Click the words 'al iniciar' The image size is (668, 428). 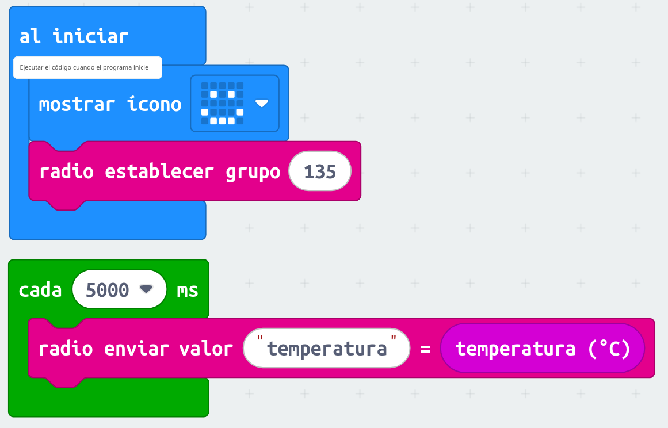pyautogui.click(x=74, y=36)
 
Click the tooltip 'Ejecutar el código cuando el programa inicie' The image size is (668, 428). pyautogui.click(x=87, y=67)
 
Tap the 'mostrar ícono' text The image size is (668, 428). pyautogui.click(x=110, y=104)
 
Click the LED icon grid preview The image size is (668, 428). pyautogui.click(x=222, y=104)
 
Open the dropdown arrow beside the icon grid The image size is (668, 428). pyautogui.click(x=262, y=104)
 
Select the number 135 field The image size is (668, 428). pyautogui.click(x=320, y=171)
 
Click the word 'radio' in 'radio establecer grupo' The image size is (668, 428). pyautogui.click(x=66, y=171)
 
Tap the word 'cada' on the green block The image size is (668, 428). pyautogui.click(x=40, y=290)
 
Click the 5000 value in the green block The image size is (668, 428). pyautogui.click(x=108, y=290)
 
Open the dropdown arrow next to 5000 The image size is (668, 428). pyautogui.click(x=146, y=289)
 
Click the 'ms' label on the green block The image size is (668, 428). pyautogui.click(x=188, y=290)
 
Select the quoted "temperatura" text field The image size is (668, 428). pyautogui.click(x=326, y=349)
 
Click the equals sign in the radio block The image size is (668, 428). pyautogui.click(x=425, y=349)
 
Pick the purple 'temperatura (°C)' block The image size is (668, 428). pyautogui.click(x=543, y=349)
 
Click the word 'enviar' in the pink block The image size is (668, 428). pyautogui.click(x=137, y=349)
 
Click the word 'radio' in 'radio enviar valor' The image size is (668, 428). pyautogui.click(x=66, y=349)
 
